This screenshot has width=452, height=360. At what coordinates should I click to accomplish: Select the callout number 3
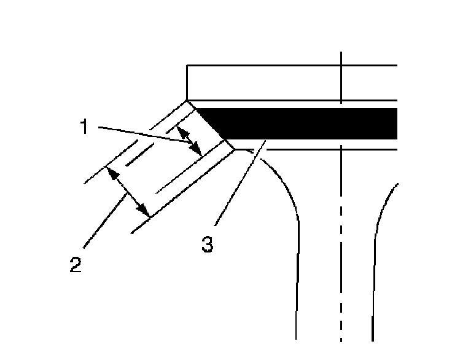pos(208,244)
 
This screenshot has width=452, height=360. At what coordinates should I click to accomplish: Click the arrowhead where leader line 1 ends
pos(198,151)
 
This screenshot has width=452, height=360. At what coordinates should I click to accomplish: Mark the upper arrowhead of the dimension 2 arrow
pos(111,173)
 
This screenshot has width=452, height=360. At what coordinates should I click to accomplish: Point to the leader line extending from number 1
pos(147,138)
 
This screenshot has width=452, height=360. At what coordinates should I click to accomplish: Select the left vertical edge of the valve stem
pos(297,289)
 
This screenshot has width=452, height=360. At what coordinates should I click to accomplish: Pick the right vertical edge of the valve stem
pos(373,289)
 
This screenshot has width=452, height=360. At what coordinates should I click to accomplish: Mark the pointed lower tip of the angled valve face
pos(234,149)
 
